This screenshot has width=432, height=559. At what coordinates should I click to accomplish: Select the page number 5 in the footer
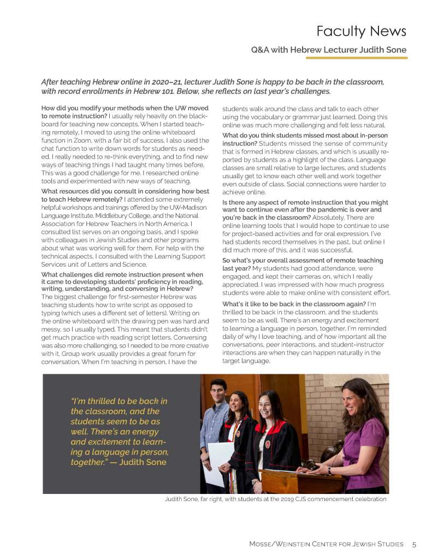415,544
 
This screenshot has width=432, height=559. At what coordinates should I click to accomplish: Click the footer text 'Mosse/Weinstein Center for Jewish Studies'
326,544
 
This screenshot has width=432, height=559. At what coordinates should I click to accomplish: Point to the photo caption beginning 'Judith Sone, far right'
275,499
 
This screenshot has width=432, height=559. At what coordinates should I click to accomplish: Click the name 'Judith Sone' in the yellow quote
143,462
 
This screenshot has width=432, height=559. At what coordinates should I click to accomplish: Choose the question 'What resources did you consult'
125,191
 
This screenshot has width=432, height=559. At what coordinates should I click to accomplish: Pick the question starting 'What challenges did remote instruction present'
122,274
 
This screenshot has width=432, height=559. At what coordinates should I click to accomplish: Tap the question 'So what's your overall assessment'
303,261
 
